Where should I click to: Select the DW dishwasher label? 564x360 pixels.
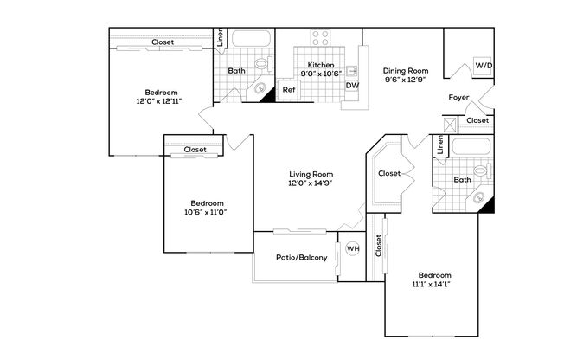coord(352,85)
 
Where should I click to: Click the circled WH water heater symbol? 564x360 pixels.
coord(352,249)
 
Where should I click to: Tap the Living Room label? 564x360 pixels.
coord(311,173)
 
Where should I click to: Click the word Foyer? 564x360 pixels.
coord(458,97)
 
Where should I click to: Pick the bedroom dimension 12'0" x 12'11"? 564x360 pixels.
coord(161,102)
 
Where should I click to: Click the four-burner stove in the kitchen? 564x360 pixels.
coord(320,38)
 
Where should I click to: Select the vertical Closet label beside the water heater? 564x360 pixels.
coord(378,247)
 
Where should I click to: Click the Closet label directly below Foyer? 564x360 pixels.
coord(477,120)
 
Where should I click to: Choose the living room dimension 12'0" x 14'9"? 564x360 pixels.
coord(311,183)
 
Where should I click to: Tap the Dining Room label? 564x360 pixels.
coord(407,71)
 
